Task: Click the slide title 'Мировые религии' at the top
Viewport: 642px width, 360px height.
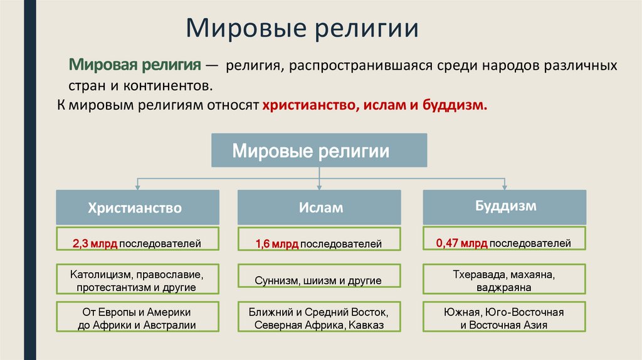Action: point(302,29)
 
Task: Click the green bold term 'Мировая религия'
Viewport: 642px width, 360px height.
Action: point(134,65)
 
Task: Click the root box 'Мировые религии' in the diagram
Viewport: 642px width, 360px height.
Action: point(319,151)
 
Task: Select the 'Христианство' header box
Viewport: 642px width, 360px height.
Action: point(137,208)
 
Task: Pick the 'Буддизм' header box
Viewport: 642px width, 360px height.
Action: point(505,206)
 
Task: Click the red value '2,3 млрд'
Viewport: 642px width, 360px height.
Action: point(95,243)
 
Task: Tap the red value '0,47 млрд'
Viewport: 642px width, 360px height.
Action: point(461,242)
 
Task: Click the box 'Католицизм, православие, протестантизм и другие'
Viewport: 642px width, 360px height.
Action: point(137,280)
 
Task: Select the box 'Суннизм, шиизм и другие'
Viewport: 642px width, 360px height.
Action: point(319,280)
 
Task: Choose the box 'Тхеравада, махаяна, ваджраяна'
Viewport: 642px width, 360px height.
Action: point(505,280)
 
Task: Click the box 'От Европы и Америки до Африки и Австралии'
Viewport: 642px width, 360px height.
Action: point(137,318)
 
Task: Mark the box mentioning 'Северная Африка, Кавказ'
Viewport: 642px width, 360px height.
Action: point(319,318)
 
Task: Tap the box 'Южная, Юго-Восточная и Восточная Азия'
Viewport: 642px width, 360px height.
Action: point(505,318)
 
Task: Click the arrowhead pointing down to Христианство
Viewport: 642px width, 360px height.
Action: point(137,186)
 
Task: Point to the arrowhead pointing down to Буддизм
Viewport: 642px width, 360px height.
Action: point(505,186)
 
